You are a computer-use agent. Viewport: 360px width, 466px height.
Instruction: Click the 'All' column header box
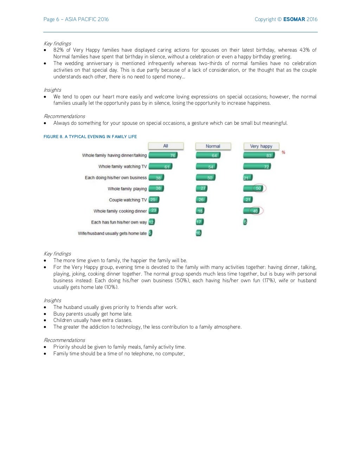[x=166, y=146]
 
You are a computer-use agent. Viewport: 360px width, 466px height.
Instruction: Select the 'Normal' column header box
[x=213, y=146]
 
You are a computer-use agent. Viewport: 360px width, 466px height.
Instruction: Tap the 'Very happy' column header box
[x=261, y=146]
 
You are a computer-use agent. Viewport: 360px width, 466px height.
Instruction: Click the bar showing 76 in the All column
[x=163, y=155]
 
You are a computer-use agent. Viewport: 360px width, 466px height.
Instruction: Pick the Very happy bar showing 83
[x=259, y=155]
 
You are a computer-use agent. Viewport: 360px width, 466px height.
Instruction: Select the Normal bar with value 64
[x=208, y=155]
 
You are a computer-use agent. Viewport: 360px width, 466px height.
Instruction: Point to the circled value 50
[x=258, y=188]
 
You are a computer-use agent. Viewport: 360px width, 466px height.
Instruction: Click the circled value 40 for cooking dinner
[x=255, y=211]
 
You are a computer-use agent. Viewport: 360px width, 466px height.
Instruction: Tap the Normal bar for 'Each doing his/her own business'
[x=206, y=177]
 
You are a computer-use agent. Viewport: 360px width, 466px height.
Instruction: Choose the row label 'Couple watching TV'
[x=128, y=200]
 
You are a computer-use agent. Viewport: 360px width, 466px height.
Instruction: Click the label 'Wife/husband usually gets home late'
[x=112, y=233]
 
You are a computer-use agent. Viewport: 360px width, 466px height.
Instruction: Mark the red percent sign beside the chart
[x=283, y=152]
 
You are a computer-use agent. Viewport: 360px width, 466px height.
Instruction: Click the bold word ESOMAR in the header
[x=294, y=19]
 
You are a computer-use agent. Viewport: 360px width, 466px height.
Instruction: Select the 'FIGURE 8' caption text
[x=90, y=137]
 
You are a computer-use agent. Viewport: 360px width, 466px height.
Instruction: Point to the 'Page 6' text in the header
[x=51, y=19]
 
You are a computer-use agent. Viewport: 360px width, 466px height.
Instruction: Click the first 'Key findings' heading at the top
[x=57, y=44]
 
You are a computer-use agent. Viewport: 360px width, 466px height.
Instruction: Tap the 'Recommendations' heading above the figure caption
[x=64, y=116]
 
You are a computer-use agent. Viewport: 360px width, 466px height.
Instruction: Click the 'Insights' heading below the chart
[x=52, y=300]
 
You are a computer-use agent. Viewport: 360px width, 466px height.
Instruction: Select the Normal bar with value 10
[x=199, y=233]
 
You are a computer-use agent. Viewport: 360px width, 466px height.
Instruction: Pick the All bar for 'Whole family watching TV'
[x=160, y=167]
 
